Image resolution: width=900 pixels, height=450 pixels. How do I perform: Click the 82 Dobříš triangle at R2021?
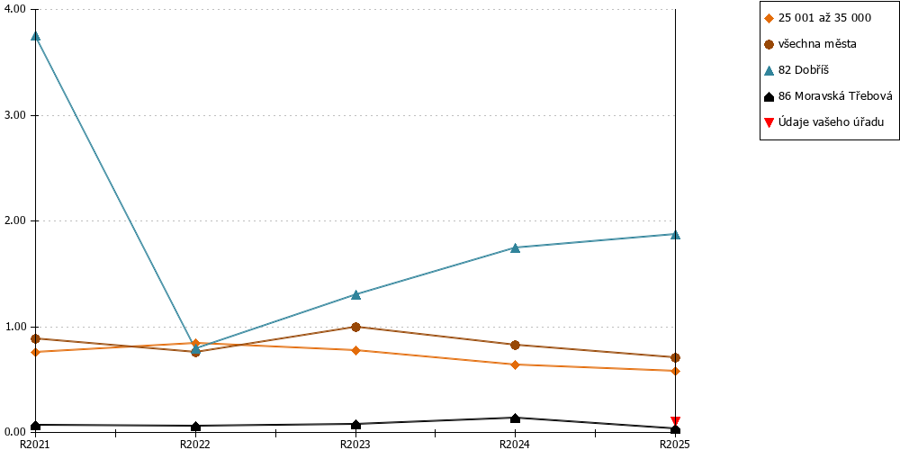pyautogui.click(x=36, y=36)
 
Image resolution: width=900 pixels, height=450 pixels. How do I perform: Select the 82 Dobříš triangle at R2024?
pyautogui.click(x=516, y=247)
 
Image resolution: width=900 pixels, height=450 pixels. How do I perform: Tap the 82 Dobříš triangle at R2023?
pyautogui.click(x=355, y=294)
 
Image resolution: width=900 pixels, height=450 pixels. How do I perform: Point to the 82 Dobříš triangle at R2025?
pyautogui.click(x=676, y=234)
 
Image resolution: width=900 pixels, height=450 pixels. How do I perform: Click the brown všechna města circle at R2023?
pyautogui.click(x=355, y=328)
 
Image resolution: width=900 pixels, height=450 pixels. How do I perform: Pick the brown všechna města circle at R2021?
pyautogui.click(x=36, y=338)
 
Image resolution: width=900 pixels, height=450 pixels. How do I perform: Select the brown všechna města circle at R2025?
pyautogui.click(x=676, y=357)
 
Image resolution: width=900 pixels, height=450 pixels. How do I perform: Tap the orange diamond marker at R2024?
pyautogui.click(x=516, y=364)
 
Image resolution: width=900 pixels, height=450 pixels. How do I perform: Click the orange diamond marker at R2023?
pyautogui.click(x=355, y=350)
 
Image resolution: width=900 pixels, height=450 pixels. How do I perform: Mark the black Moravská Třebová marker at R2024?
pyautogui.click(x=516, y=418)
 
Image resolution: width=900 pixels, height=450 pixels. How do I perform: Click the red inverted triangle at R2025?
pyautogui.click(x=676, y=420)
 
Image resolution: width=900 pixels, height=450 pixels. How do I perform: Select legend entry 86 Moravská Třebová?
pyautogui.click(x=828, y=96)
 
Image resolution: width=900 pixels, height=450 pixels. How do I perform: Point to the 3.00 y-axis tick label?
pyautogui.click(x=16, y=115)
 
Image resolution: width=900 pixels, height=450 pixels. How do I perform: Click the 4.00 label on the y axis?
pyautogui.click(x=16, y=10)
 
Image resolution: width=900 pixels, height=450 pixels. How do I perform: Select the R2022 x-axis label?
pyautogui.click(x=195, y=444)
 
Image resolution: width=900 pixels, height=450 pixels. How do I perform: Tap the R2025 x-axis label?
pyautogui.click(x=675, y=444)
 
